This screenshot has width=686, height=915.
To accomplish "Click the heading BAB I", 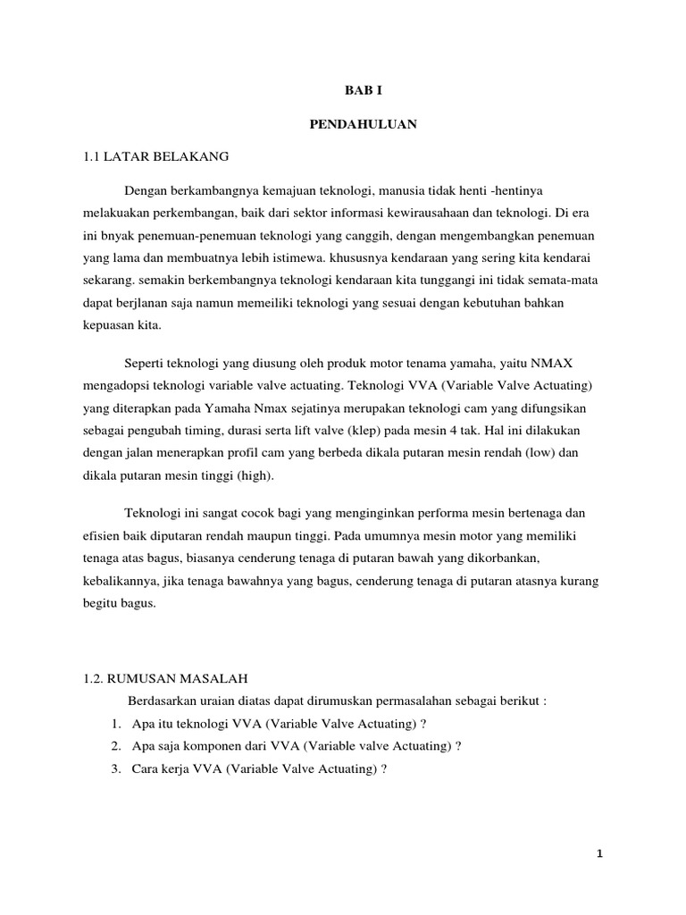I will click(363, 91).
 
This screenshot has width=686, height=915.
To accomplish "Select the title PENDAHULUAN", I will click(363, 124).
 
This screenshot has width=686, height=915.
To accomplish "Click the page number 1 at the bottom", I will click(600, 853).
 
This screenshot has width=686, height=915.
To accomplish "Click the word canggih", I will click(364, 237).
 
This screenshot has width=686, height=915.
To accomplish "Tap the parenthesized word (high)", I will click(256, 475).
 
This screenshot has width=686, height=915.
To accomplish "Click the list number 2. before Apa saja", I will click(117, 745).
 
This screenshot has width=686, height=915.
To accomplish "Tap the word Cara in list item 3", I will click(145, 768).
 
